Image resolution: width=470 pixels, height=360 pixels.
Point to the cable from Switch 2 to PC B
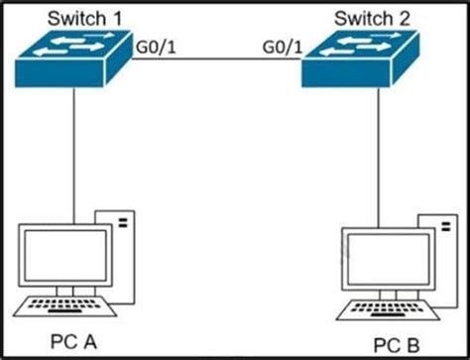tap(378, 159)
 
